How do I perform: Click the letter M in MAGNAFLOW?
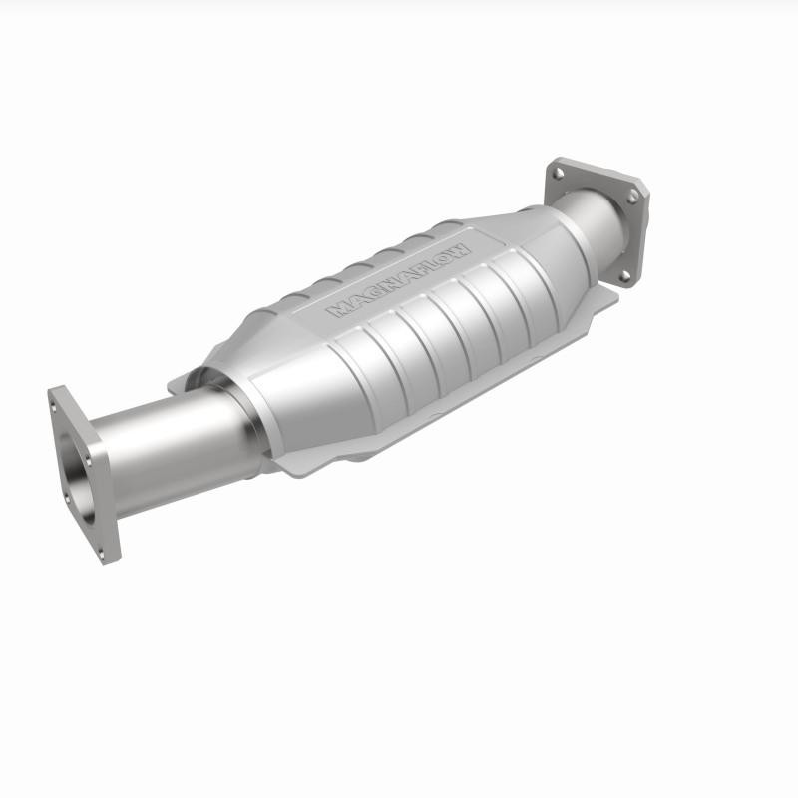pyautogui.click(x=336, y=309)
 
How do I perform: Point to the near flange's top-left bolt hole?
pyautogui.click(x=57, y=400)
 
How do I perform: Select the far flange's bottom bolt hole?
pyautogui.click(x=623, y=275)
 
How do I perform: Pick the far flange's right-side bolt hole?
pyautogui.click(x=632, y=199)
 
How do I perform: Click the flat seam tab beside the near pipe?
pyautogui.click(x=180, y=383)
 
